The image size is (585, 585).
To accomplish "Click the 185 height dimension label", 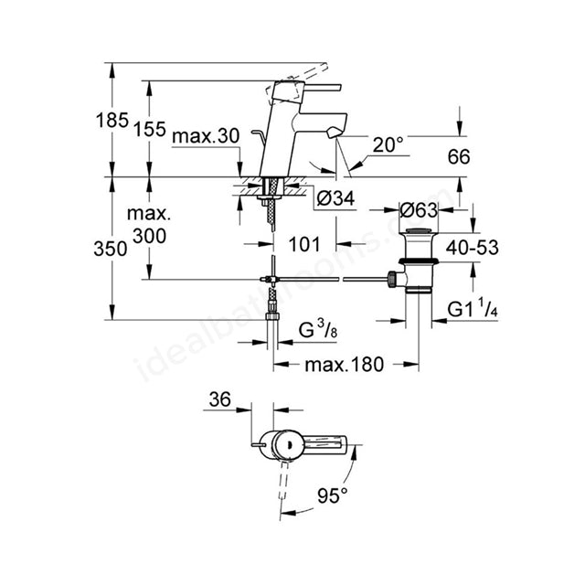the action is [112, 121].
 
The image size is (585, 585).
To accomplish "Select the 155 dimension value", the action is [150, 129].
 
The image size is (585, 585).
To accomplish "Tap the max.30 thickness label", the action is [206, 136].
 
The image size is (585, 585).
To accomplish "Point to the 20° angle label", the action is [388, 144].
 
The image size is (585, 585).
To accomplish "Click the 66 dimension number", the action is [459, 156].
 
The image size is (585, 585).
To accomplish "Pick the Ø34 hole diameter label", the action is [335, 198].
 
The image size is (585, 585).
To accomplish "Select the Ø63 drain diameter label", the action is [419, 211].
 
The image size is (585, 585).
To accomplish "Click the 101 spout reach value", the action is [304, 244].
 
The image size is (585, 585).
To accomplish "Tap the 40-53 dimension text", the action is [473, 248].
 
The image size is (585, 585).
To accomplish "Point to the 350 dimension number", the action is [111, 249].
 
